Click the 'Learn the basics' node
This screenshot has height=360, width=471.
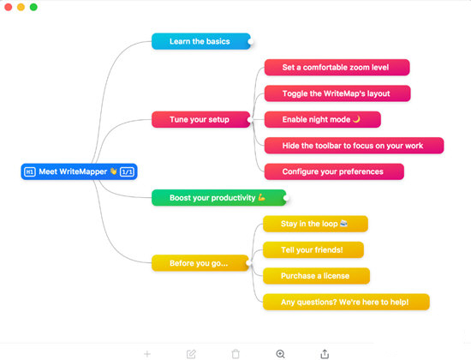click(x=200, y=41)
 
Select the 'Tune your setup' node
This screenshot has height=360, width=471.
click(x=200, y=119)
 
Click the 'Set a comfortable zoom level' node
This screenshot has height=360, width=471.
click(x=337, y=67)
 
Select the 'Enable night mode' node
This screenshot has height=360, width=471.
click(x=322, y=119)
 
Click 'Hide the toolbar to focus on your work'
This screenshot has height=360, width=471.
click(x=354, y=146)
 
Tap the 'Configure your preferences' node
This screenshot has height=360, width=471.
click(x=333, y=171)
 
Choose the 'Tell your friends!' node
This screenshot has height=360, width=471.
click(x=312, y=249)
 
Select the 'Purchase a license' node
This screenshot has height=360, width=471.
click(x=315, y=276)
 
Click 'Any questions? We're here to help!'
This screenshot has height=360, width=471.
click(x=345, y=302)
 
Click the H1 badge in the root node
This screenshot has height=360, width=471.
click(x=29, y=171)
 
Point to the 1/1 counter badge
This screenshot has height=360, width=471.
click(x=127, y=171)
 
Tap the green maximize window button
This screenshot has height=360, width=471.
click(x=33, y=7)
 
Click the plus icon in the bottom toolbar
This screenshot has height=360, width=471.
click(x=147, y=353)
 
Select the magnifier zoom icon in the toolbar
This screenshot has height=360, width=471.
click(x=280, y=353)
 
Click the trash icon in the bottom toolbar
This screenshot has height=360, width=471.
click(x=235, y=353)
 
